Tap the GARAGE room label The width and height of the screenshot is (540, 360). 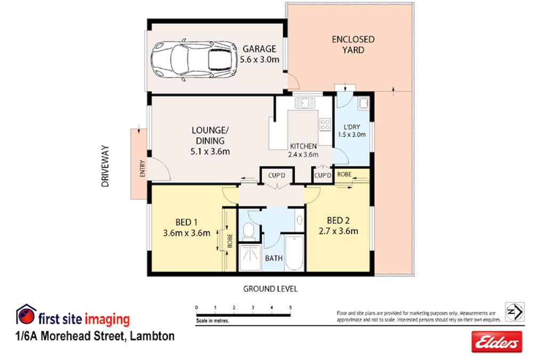[x=259, y=49]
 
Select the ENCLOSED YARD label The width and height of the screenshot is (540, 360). [x=353, y=44]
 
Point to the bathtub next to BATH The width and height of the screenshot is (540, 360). [x=294, y=252]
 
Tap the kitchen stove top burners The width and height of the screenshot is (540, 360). [x=325, y=124]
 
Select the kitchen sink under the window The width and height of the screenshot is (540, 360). [x=304, y=103]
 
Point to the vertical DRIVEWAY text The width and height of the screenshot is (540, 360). [x=106, y=166]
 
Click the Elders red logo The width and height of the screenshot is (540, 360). [x=496, y=342]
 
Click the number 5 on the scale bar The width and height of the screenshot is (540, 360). [x=291, y=308]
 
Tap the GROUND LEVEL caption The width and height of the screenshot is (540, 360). [x=270, y=289]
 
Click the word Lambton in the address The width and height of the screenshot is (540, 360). [x=152, y=337]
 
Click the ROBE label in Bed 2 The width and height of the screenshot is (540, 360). [x=344, y=174]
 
